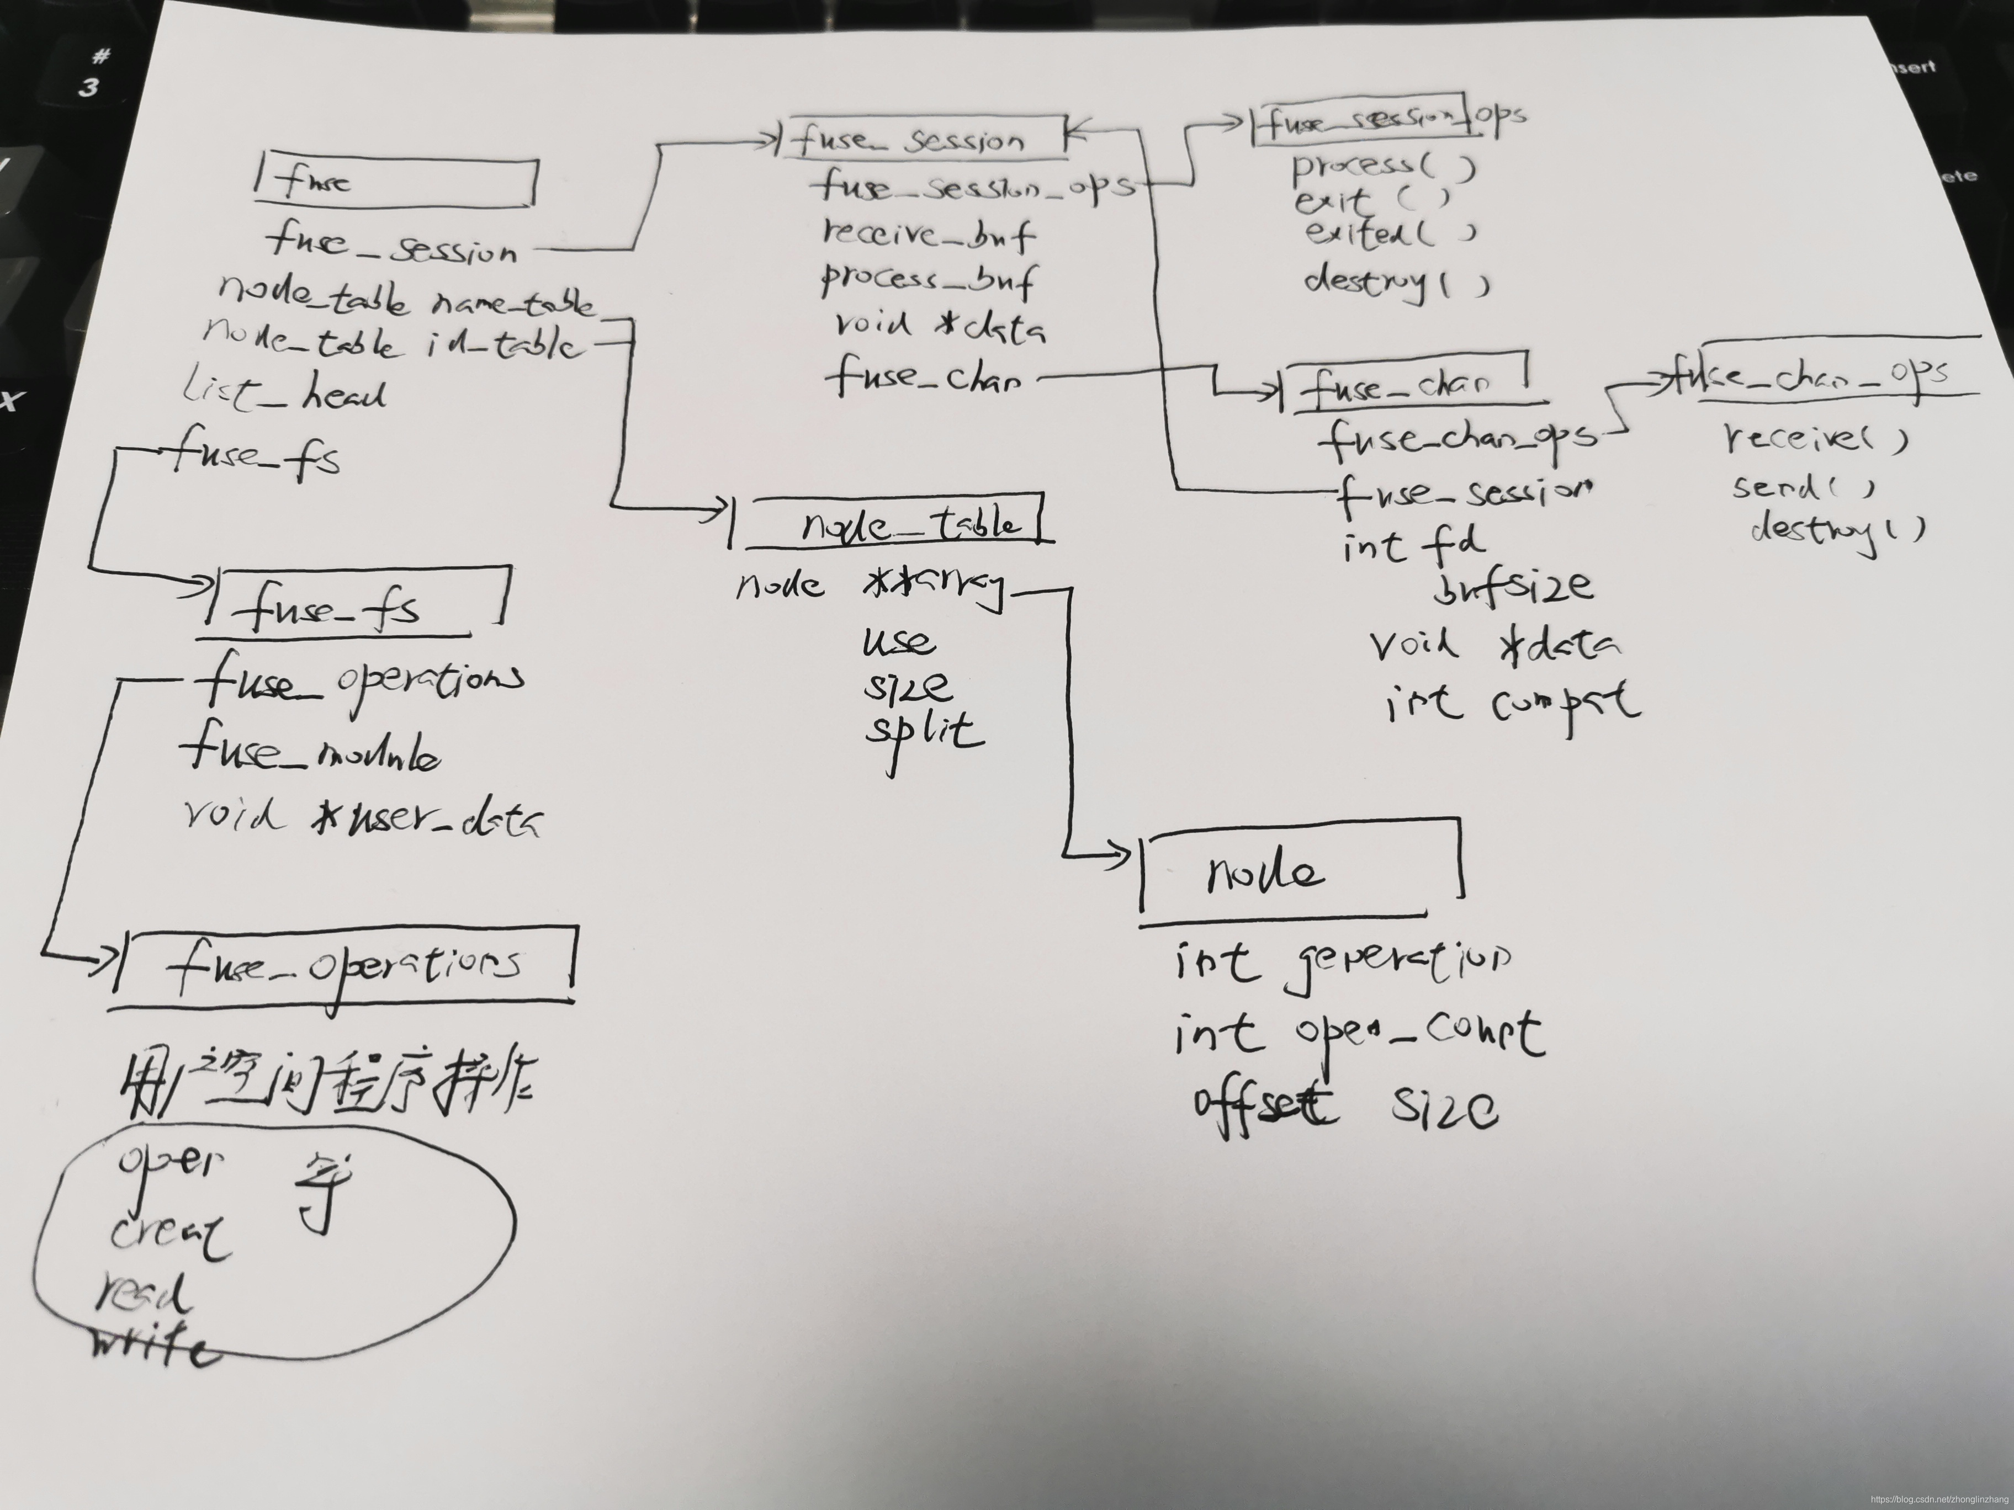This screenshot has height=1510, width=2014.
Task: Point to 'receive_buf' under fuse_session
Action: click(x=928, y=235)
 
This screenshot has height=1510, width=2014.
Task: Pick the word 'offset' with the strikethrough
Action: click(x=1265, y=1104)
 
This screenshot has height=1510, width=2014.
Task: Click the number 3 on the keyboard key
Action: click(x=88, y=87)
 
